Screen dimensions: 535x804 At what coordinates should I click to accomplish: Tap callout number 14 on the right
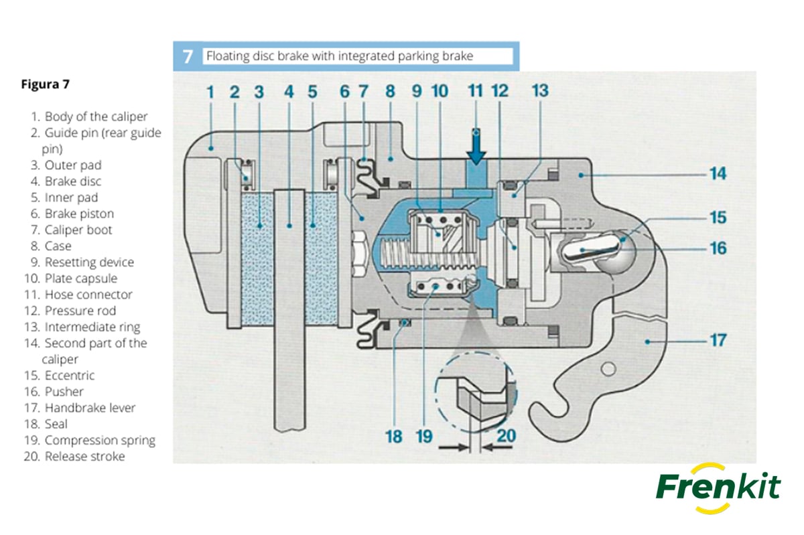(x=718, y=174)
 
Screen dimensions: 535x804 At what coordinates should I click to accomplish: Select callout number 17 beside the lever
(x=718, y=340)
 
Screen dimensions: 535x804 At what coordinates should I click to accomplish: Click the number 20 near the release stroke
(x=507, y=436)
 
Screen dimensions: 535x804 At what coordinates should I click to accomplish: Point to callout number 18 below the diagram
(x=394, y=437)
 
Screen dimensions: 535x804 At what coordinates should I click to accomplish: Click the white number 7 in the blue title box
(x=188, y=56)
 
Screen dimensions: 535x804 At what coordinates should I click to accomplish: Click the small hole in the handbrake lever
(x=608, y=369)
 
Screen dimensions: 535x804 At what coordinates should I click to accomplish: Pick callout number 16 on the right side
(x=718, y=248)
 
